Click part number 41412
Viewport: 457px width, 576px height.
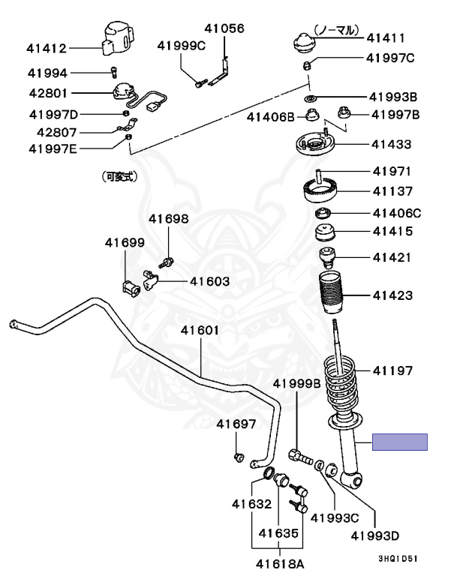[47, 49]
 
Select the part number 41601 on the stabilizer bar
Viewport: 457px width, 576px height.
[200, 331]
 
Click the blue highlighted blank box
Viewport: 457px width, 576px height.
[401, 442]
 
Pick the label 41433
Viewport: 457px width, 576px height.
[392, 142]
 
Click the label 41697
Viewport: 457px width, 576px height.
[236, 424]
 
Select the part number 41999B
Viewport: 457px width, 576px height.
[296, 383]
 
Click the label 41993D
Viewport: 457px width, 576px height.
[374, 535]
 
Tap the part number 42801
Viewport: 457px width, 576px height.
[47, 94]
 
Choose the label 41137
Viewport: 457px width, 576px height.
[392, 190]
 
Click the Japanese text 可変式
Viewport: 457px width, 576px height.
[121, 178]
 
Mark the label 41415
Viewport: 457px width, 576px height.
[392, 232]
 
